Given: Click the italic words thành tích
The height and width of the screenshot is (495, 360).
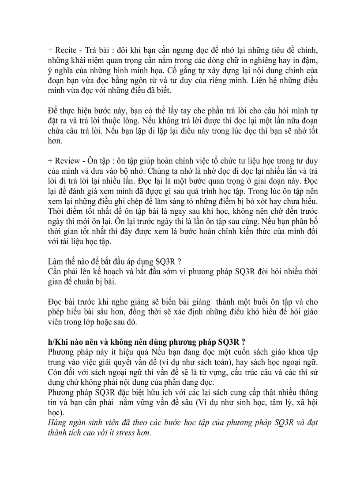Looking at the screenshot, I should pyautogui.click(x=66, y=432).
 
